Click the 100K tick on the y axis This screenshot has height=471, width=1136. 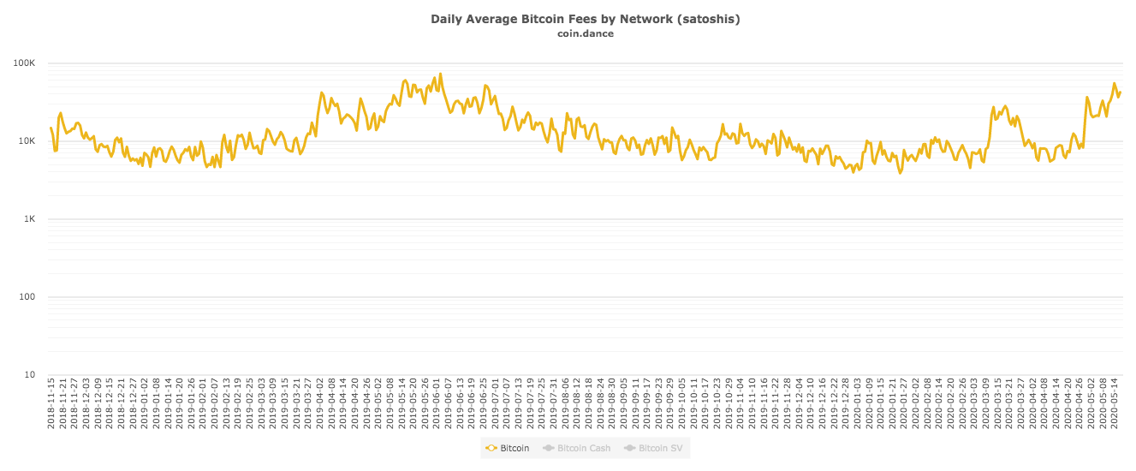22,63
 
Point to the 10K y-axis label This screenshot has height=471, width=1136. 24,141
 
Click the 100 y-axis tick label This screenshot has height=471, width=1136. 27,297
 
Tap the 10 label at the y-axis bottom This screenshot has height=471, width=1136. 28,375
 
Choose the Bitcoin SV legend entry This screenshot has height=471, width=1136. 662,448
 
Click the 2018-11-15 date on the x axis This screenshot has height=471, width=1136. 51,408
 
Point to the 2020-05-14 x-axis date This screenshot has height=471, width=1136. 1115,408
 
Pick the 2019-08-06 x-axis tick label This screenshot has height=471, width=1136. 566,408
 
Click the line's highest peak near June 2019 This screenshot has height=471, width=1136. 440,74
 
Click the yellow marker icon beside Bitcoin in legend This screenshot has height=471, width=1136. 491,448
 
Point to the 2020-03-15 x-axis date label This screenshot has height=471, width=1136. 998,408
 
